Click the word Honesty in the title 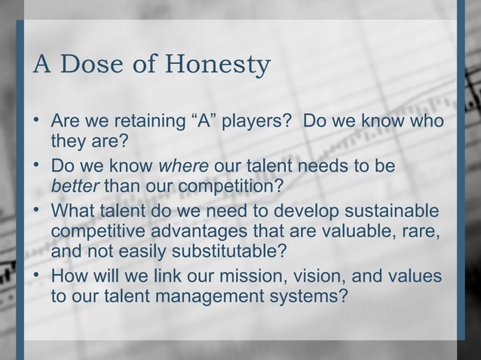219,67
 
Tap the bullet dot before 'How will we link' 37,273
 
